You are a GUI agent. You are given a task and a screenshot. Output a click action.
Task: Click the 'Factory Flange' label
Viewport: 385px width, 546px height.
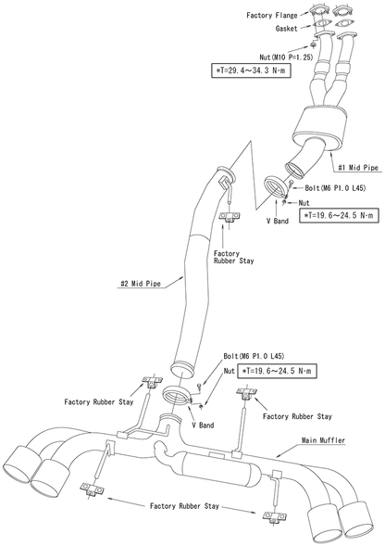click(x=270, y=15)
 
